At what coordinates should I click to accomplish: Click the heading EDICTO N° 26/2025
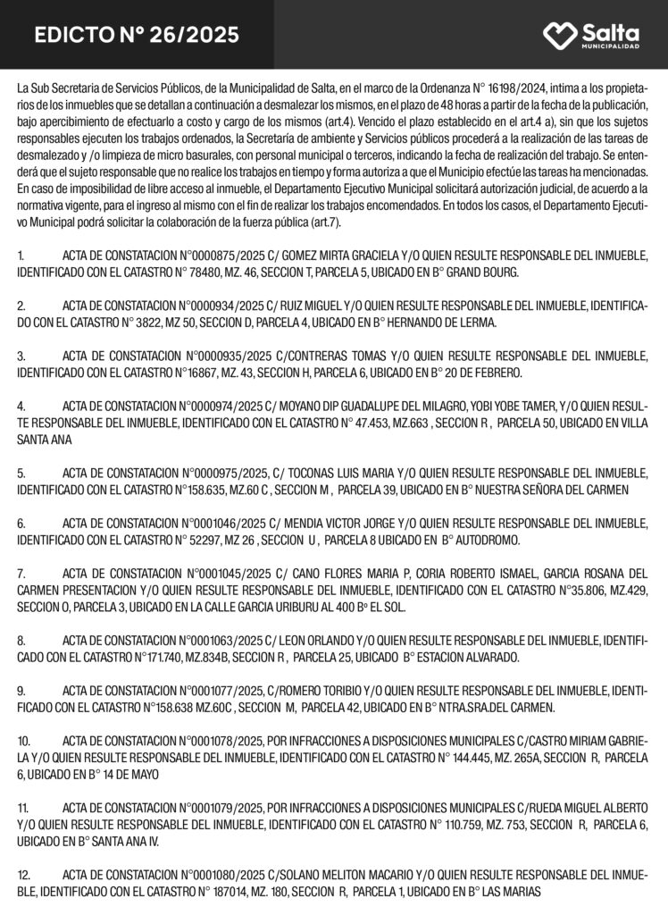pos(137,35)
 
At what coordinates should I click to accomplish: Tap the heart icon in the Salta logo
pos(561,35)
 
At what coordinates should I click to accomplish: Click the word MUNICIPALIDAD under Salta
pos(611,46)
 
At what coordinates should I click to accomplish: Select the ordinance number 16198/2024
pos(515,89)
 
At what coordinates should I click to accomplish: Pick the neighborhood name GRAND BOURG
pos(480,271)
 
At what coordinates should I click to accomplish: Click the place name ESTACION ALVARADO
pos(492,658)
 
